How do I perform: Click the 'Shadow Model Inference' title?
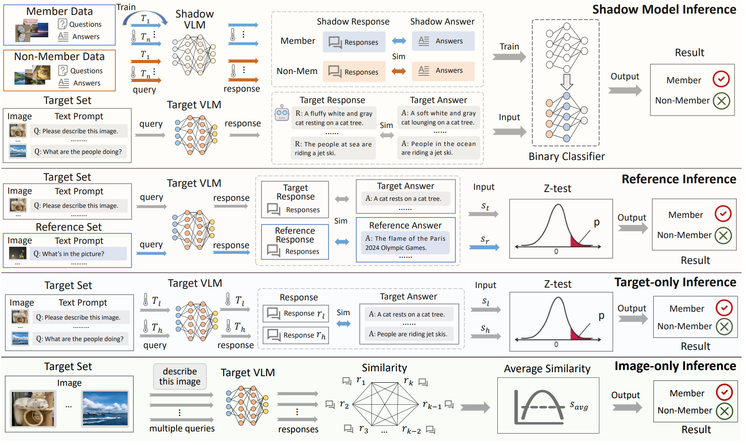coord(664,10)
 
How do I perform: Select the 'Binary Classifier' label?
coord(566,157)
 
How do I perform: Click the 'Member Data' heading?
coord(59,11)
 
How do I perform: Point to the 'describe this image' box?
coord(180,376)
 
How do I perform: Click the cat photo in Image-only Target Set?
coord(33,409)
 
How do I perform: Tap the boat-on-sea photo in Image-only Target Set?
coord(105,409)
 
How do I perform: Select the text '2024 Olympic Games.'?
coord(396,248)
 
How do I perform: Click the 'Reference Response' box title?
coord(295,235)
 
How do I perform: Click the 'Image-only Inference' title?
coord(675,366)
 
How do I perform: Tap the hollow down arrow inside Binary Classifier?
coord(567,81)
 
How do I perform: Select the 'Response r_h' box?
coord(296,335)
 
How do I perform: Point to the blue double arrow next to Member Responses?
coord(399,41)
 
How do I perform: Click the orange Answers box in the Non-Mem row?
coord(443,71)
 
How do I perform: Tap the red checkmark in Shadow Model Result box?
coord(721,79)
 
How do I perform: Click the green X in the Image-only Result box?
coord(724,411)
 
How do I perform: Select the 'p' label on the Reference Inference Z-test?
coord(596,222)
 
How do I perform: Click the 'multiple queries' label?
coord(182,428)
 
